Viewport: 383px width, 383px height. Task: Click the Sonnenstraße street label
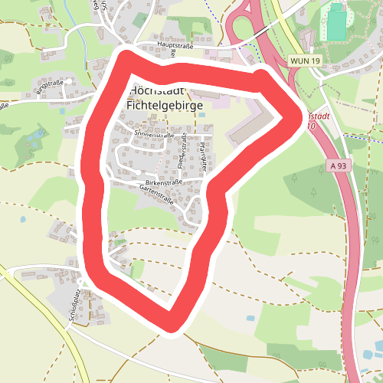151,134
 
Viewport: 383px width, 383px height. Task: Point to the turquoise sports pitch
338,22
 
